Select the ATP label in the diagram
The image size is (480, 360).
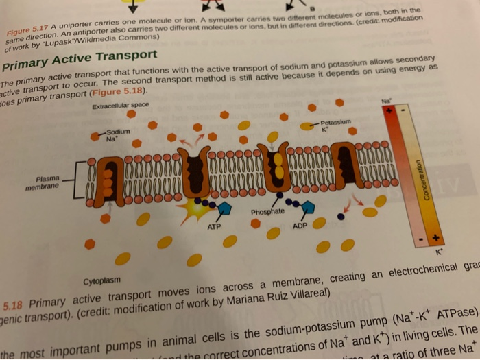pos(214,226)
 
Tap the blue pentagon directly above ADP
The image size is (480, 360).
pos(308,207)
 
